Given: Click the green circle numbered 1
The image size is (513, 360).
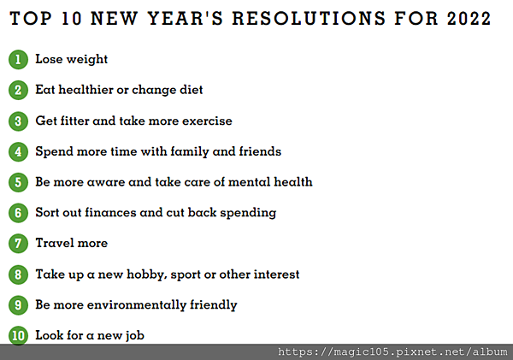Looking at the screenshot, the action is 18,59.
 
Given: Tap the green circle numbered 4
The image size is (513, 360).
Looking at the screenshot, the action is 18,151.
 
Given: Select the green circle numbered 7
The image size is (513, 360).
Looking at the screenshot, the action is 18,243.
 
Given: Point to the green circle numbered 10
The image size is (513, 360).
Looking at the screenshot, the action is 18,335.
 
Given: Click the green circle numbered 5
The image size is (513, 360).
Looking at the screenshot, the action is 18,182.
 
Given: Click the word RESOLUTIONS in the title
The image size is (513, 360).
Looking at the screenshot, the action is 309,18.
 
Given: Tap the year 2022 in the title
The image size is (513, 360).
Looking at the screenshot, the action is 469,18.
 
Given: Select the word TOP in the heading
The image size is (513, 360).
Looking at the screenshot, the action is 31,18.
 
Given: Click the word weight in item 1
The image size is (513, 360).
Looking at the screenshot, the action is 86,60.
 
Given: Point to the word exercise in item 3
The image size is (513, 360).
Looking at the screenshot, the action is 207,121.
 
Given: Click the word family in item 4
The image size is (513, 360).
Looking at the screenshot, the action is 190,152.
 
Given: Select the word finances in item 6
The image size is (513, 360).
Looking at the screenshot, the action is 110,212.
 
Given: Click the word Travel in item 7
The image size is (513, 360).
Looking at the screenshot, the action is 55,243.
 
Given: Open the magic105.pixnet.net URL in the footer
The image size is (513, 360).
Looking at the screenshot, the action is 392,351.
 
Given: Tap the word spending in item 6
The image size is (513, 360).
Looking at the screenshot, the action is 248,213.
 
